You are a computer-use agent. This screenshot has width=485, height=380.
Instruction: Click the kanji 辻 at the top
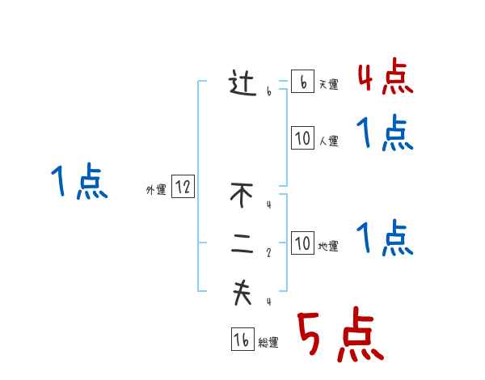point(242,84)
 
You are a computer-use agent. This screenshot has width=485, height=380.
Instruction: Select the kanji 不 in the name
point(242,195)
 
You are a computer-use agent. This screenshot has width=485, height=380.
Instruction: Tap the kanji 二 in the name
point(242,247)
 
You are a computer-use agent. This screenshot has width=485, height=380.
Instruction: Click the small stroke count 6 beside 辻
point(268,92)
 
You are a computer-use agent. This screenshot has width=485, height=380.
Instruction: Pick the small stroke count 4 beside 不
point(268,204)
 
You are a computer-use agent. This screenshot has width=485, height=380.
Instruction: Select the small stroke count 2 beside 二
point(268,252)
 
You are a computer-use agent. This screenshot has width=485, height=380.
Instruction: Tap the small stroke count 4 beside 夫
point(268,302)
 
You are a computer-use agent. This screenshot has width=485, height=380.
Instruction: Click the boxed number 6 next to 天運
point(302,82)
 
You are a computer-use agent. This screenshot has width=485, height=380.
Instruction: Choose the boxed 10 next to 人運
point(302,138)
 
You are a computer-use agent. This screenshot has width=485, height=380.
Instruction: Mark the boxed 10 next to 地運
point(302,243)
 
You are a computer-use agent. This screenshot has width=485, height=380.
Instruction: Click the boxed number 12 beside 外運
point(183,188)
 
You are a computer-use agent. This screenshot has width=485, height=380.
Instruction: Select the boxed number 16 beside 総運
point(242,340)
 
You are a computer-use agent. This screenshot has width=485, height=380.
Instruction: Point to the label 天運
point(328,85)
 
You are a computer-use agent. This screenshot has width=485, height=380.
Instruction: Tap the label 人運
point(328,141)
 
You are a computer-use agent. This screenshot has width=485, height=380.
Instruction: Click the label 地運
point(328,246)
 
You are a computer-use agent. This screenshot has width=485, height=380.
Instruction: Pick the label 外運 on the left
point(156,190)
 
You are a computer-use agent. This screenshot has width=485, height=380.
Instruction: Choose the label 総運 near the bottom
point(268,343)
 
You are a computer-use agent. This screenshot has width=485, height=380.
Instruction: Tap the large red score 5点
point(339,336)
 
